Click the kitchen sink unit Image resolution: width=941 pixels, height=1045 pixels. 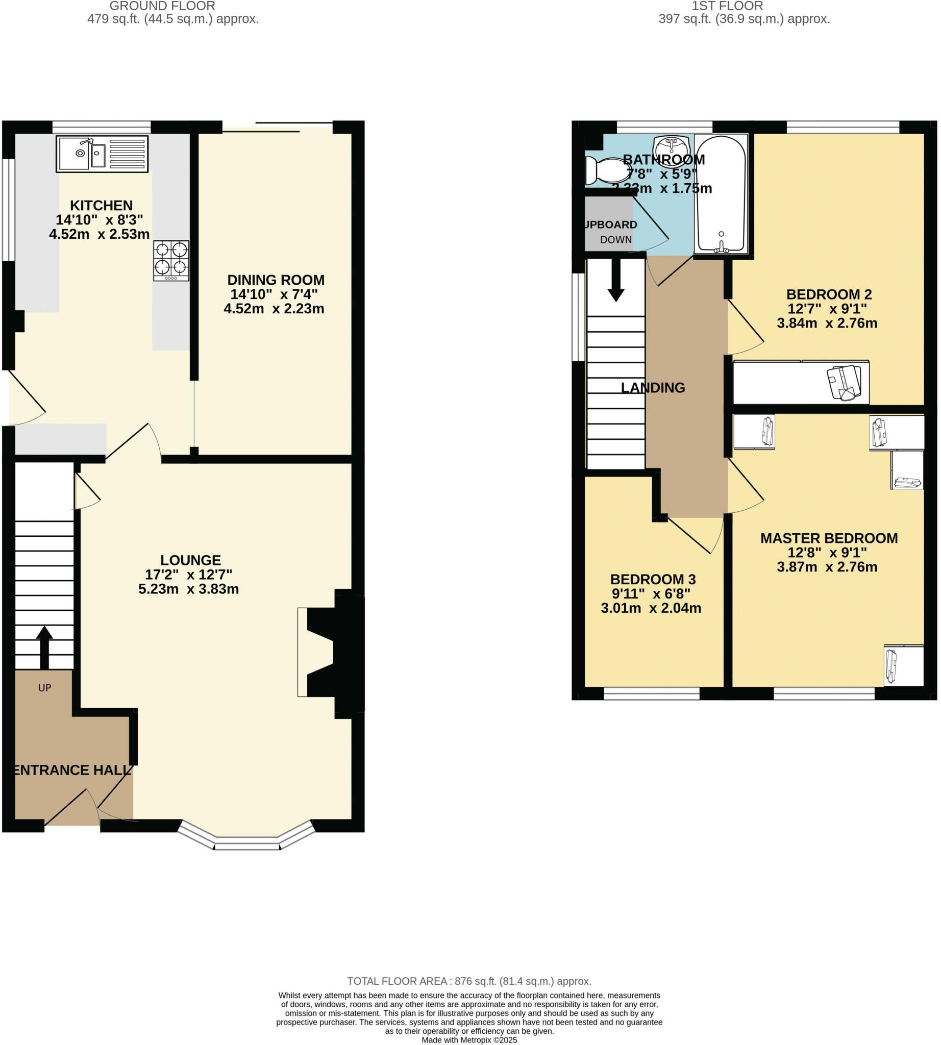coord(102,154)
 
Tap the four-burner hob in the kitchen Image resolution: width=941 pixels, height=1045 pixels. coord(171,261)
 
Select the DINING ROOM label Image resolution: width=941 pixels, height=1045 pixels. coord(276,280)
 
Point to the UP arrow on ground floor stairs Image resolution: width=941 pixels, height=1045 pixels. coord(44,646)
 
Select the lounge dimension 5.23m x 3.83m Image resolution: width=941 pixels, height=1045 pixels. coord(188,589)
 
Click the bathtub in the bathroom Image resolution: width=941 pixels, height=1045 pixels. coord(721,194)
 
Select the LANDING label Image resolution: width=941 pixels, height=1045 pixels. coord(653,388)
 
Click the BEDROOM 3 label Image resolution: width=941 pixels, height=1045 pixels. coord(653,579)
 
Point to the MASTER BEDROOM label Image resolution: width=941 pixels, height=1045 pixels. coord(828,538)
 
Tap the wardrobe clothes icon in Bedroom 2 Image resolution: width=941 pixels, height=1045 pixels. coord(845,383)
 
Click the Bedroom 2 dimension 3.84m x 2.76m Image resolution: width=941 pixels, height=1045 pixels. coord(827,323)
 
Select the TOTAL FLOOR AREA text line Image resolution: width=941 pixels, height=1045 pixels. coord(469,981)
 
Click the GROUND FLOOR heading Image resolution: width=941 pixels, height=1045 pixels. coord(162,6)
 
